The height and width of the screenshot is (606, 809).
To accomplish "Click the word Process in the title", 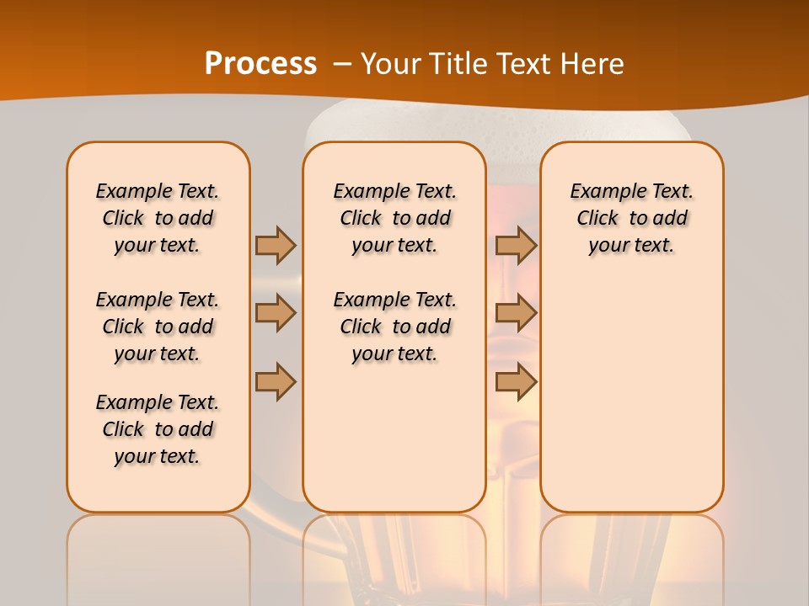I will pos(260,64).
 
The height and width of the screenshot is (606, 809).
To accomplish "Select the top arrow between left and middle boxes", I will pos(276,245).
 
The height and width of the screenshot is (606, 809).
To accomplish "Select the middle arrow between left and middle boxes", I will pos(276,313).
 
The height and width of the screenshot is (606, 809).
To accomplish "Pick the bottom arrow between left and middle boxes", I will pos(276,381).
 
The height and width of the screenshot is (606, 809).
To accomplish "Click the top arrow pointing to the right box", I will pos(516,245).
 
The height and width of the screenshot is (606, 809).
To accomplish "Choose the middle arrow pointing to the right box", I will pos(516,313).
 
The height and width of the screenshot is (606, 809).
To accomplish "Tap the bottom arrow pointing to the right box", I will pos(516,381).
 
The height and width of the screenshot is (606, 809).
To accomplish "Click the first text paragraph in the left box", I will pos(158,218).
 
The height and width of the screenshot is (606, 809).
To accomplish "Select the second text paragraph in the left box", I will pos(158,327).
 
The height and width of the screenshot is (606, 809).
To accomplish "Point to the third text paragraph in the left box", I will pos(158,429).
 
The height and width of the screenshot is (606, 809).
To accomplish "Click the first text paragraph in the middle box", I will pos(394,218).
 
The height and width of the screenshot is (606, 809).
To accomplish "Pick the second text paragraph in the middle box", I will pos(394,327).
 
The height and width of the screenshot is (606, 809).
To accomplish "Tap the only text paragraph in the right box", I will pos(631,218).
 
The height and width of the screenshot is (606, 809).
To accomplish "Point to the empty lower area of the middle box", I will pos(394,438).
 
